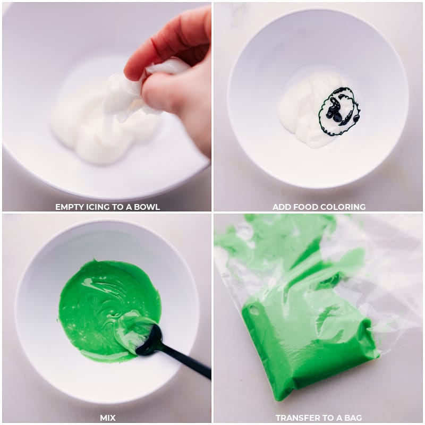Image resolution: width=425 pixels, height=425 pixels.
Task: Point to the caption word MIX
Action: click(x=108, y=418)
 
